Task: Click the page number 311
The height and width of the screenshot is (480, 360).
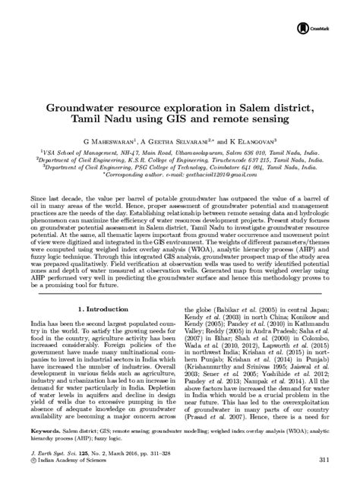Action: (x=326, y=459)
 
